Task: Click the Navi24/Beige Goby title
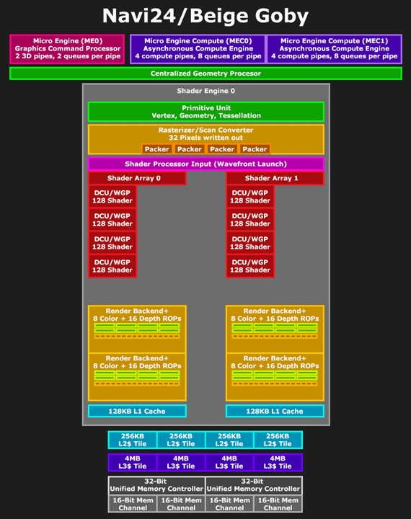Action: (x=205, y=16)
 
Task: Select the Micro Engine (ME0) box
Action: (x=67, y=49)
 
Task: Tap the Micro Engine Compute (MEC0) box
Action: (x=198, y=49)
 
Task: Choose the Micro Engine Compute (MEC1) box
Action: (x=334, y=49)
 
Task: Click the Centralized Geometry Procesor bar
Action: (x=205, y=74)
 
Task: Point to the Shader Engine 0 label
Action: (x=205, y=91)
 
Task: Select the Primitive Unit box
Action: (x=205, y=112)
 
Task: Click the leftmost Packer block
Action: (x=156, y=149)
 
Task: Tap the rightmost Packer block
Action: (x=255, y=149)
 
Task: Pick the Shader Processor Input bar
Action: (x=205, y=164)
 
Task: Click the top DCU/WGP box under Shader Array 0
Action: (x=112, y=197)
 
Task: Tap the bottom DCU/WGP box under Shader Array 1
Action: (x=250, y=266)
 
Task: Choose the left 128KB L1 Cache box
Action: (x=137, y=411)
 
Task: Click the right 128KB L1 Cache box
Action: (x=275, y=411)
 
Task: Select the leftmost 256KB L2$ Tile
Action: (x=133, y=440)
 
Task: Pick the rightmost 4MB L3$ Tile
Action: (x=278, y=462)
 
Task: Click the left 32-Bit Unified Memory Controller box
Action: (x=156, y=485)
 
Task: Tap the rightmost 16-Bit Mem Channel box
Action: (x=278, y=504)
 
